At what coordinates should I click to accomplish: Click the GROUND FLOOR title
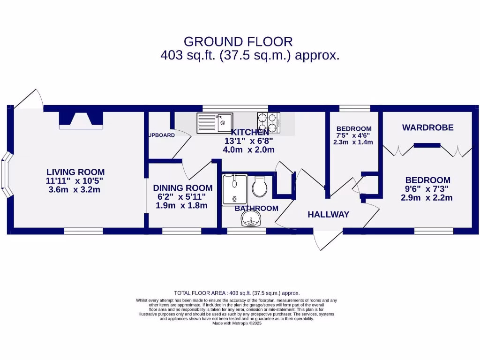tap(238, 42)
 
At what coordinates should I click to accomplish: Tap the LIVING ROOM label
tap(75, 172)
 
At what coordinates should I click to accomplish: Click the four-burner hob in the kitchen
tap(268, 122)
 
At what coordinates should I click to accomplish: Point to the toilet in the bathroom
tap(259, 187)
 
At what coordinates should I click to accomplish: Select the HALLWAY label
tap(328, 215)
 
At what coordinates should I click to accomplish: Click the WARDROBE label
tap(427, 127)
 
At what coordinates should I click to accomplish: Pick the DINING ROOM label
tap(182, 188)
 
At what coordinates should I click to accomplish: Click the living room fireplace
tap(81, 120)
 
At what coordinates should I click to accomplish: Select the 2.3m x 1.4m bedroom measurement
tap(354, 142)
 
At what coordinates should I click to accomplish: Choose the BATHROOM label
tap(256, 208)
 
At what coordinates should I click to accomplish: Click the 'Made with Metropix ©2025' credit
tap(237, 323)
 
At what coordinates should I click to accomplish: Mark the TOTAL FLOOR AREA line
tap(237, 292)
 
